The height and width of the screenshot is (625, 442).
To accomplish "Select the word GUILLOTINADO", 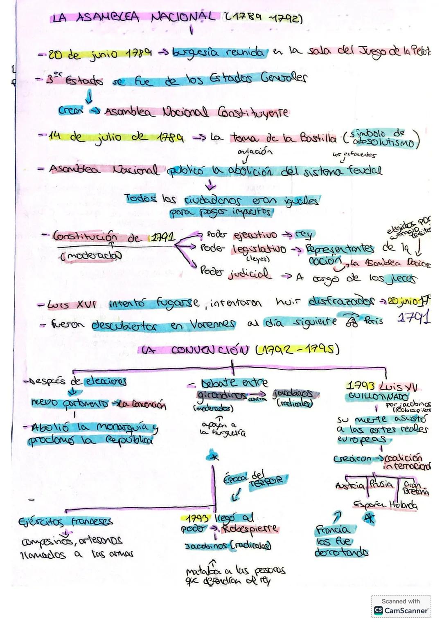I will point(377,397).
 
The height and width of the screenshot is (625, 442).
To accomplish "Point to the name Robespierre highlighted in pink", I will point(250,529).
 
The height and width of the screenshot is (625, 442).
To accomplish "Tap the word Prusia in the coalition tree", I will point(381,485).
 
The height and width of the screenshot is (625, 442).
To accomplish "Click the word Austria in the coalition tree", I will point(350,486).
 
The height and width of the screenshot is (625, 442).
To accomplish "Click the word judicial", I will point(249,274).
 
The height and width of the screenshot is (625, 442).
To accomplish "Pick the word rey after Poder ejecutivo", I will point(303,235).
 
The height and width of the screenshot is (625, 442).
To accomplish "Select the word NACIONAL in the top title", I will point(183,17).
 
